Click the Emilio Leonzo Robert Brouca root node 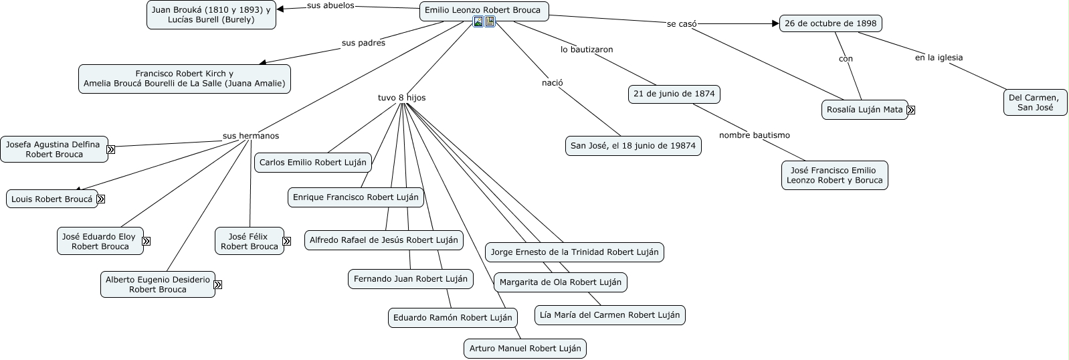tap(482, 11)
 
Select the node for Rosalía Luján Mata tap(864, 110)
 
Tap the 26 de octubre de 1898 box tap(830, 23)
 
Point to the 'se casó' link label tap(682, 24)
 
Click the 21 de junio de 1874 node tap(674, 94)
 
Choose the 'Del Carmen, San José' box tap(1034, 102)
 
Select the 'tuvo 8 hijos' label tap(401, 98)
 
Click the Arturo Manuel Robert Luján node tap(525, 349)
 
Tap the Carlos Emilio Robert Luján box tap(312, 163)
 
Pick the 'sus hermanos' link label tap(251, 136)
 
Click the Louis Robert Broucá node tap(52, 199)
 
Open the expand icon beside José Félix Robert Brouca tap(287, 242)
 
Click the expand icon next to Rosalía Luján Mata tap(911, 110)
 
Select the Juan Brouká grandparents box tap(211, 15)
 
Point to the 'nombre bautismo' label tap(754, 135)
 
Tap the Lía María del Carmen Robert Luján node tap(609, 315)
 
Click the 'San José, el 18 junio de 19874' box tap(633, 146)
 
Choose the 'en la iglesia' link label tap(939, 58)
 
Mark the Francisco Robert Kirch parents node tap(184, 78)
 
